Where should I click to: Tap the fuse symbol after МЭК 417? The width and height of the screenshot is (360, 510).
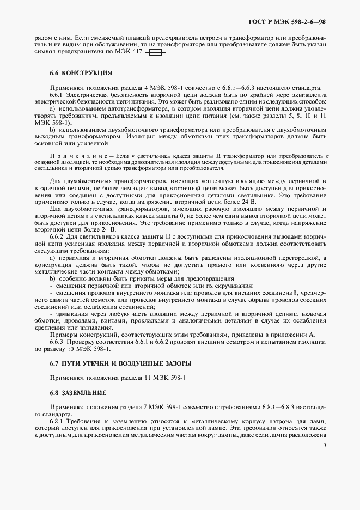(156, 53)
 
